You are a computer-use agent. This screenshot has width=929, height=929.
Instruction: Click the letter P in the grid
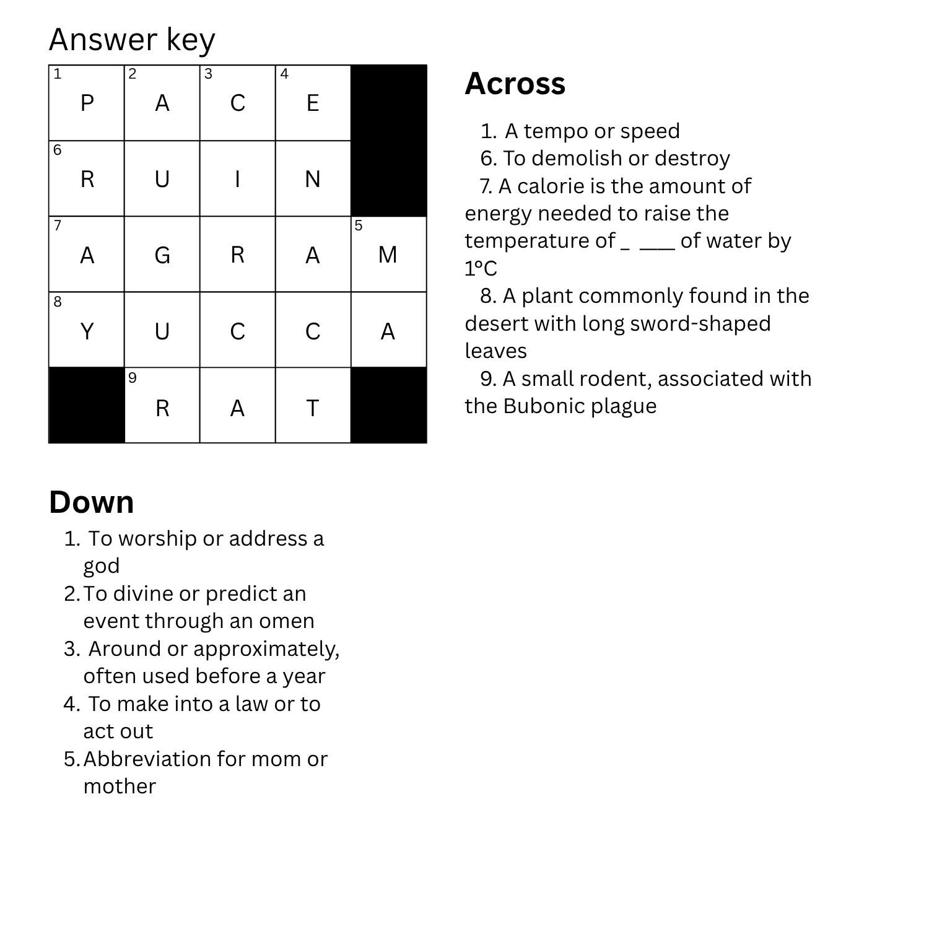pyautogui.click(x=87, y=103)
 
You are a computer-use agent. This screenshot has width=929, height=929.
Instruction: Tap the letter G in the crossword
pyautogui.click(x=162, y=255)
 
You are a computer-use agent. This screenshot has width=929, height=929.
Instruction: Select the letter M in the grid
pyautogui.click(x=388, y=255)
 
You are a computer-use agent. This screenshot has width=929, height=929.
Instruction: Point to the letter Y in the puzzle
pyautogui.click(x=87, y=332)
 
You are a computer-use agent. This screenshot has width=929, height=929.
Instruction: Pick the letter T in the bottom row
pyautogui.click(x=313, y=408)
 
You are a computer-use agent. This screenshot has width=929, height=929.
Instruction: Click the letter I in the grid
pyautogui.click(x=237, y=179)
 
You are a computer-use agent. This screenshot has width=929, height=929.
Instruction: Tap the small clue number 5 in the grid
pyautogui.click(x=359, y=225)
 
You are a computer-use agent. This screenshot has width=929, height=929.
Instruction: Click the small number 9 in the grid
pyautogui.click(x=133, y=378)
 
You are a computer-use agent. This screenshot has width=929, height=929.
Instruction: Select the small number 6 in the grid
pyautogui.click(x=58, y=150)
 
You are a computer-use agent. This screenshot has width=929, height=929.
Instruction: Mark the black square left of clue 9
pyautogui.click(x=87, y=405)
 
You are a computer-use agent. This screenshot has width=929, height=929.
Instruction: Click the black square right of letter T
pyautogui.click(x=389, y=405)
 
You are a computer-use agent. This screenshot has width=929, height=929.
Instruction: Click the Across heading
pyautogui.click(x=515, y=84)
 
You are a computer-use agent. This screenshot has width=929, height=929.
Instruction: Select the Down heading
pyautogui.click(x=92, y=502)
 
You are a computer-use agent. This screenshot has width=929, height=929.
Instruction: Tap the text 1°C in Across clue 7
pyautogui.click(x=481, y=269)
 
